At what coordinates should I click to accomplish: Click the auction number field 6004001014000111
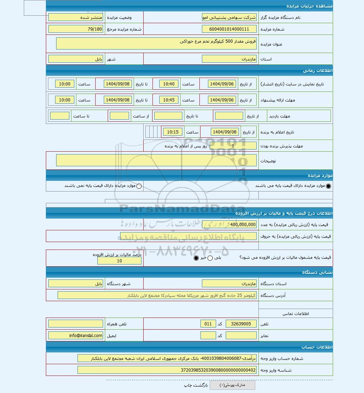pos(229,29)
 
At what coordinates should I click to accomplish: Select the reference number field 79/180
pos(76,29)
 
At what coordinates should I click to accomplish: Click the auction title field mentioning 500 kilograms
pos(156,43)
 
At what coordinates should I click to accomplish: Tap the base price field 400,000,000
pos(229,224)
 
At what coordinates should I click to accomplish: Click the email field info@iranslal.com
pos(76,335)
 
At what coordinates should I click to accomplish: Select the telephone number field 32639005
pos(241,324)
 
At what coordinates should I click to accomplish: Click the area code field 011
pos(208,324)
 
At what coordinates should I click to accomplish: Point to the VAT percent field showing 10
pos(119,261)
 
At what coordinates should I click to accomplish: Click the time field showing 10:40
pos(169,84)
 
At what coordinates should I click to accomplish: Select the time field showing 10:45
pos(169,100)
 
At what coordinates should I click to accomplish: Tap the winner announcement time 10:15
pos(173,132)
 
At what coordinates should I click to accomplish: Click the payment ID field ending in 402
pos(167,370)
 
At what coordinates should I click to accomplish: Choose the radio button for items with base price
pos(328,186)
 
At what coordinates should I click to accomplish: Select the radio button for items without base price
pos(139,186)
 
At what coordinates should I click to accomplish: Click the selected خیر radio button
pos(196,258)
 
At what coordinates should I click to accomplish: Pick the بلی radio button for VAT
pos(210,258)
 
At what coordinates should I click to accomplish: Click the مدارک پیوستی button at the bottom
pos(232,385)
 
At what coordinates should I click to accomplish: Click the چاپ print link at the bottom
pos(188,385)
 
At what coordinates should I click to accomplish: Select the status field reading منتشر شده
pos(76,17)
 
